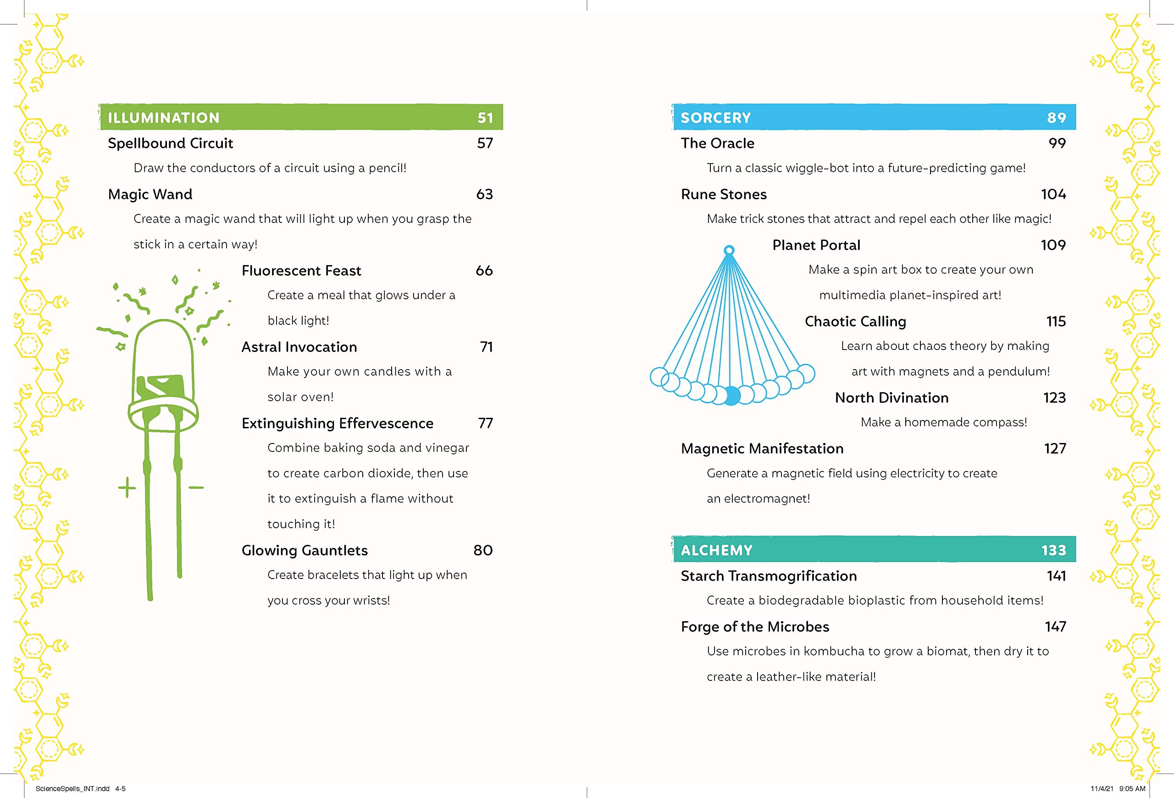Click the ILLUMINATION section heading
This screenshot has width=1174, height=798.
coord(164,118)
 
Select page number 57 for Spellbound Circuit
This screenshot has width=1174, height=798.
coord(484,143)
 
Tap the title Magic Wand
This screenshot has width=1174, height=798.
coord(150,194)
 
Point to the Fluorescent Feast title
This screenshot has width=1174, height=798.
coord(301,271)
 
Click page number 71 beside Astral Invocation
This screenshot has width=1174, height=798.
coord(486,347)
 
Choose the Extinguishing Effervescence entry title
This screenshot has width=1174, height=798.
coord(337,423)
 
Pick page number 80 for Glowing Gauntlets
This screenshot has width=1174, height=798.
coord(482,550)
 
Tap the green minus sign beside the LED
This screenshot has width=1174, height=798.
coord(196,487)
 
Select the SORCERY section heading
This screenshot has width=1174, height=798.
coord(715,118)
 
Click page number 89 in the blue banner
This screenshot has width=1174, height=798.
coord(1056,118)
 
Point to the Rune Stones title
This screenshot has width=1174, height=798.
coord(723,194)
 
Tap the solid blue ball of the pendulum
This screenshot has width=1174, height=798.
coord(731,395)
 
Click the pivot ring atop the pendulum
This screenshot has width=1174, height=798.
coord(729,250)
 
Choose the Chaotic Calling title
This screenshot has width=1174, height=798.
coord(855,322)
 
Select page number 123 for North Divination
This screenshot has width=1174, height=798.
coord(1054,398)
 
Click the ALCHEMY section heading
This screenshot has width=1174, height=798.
coord(716,550)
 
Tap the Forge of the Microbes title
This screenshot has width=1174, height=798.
coord(755,627)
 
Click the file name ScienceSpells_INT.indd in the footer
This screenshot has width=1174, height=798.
coord(72,788)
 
